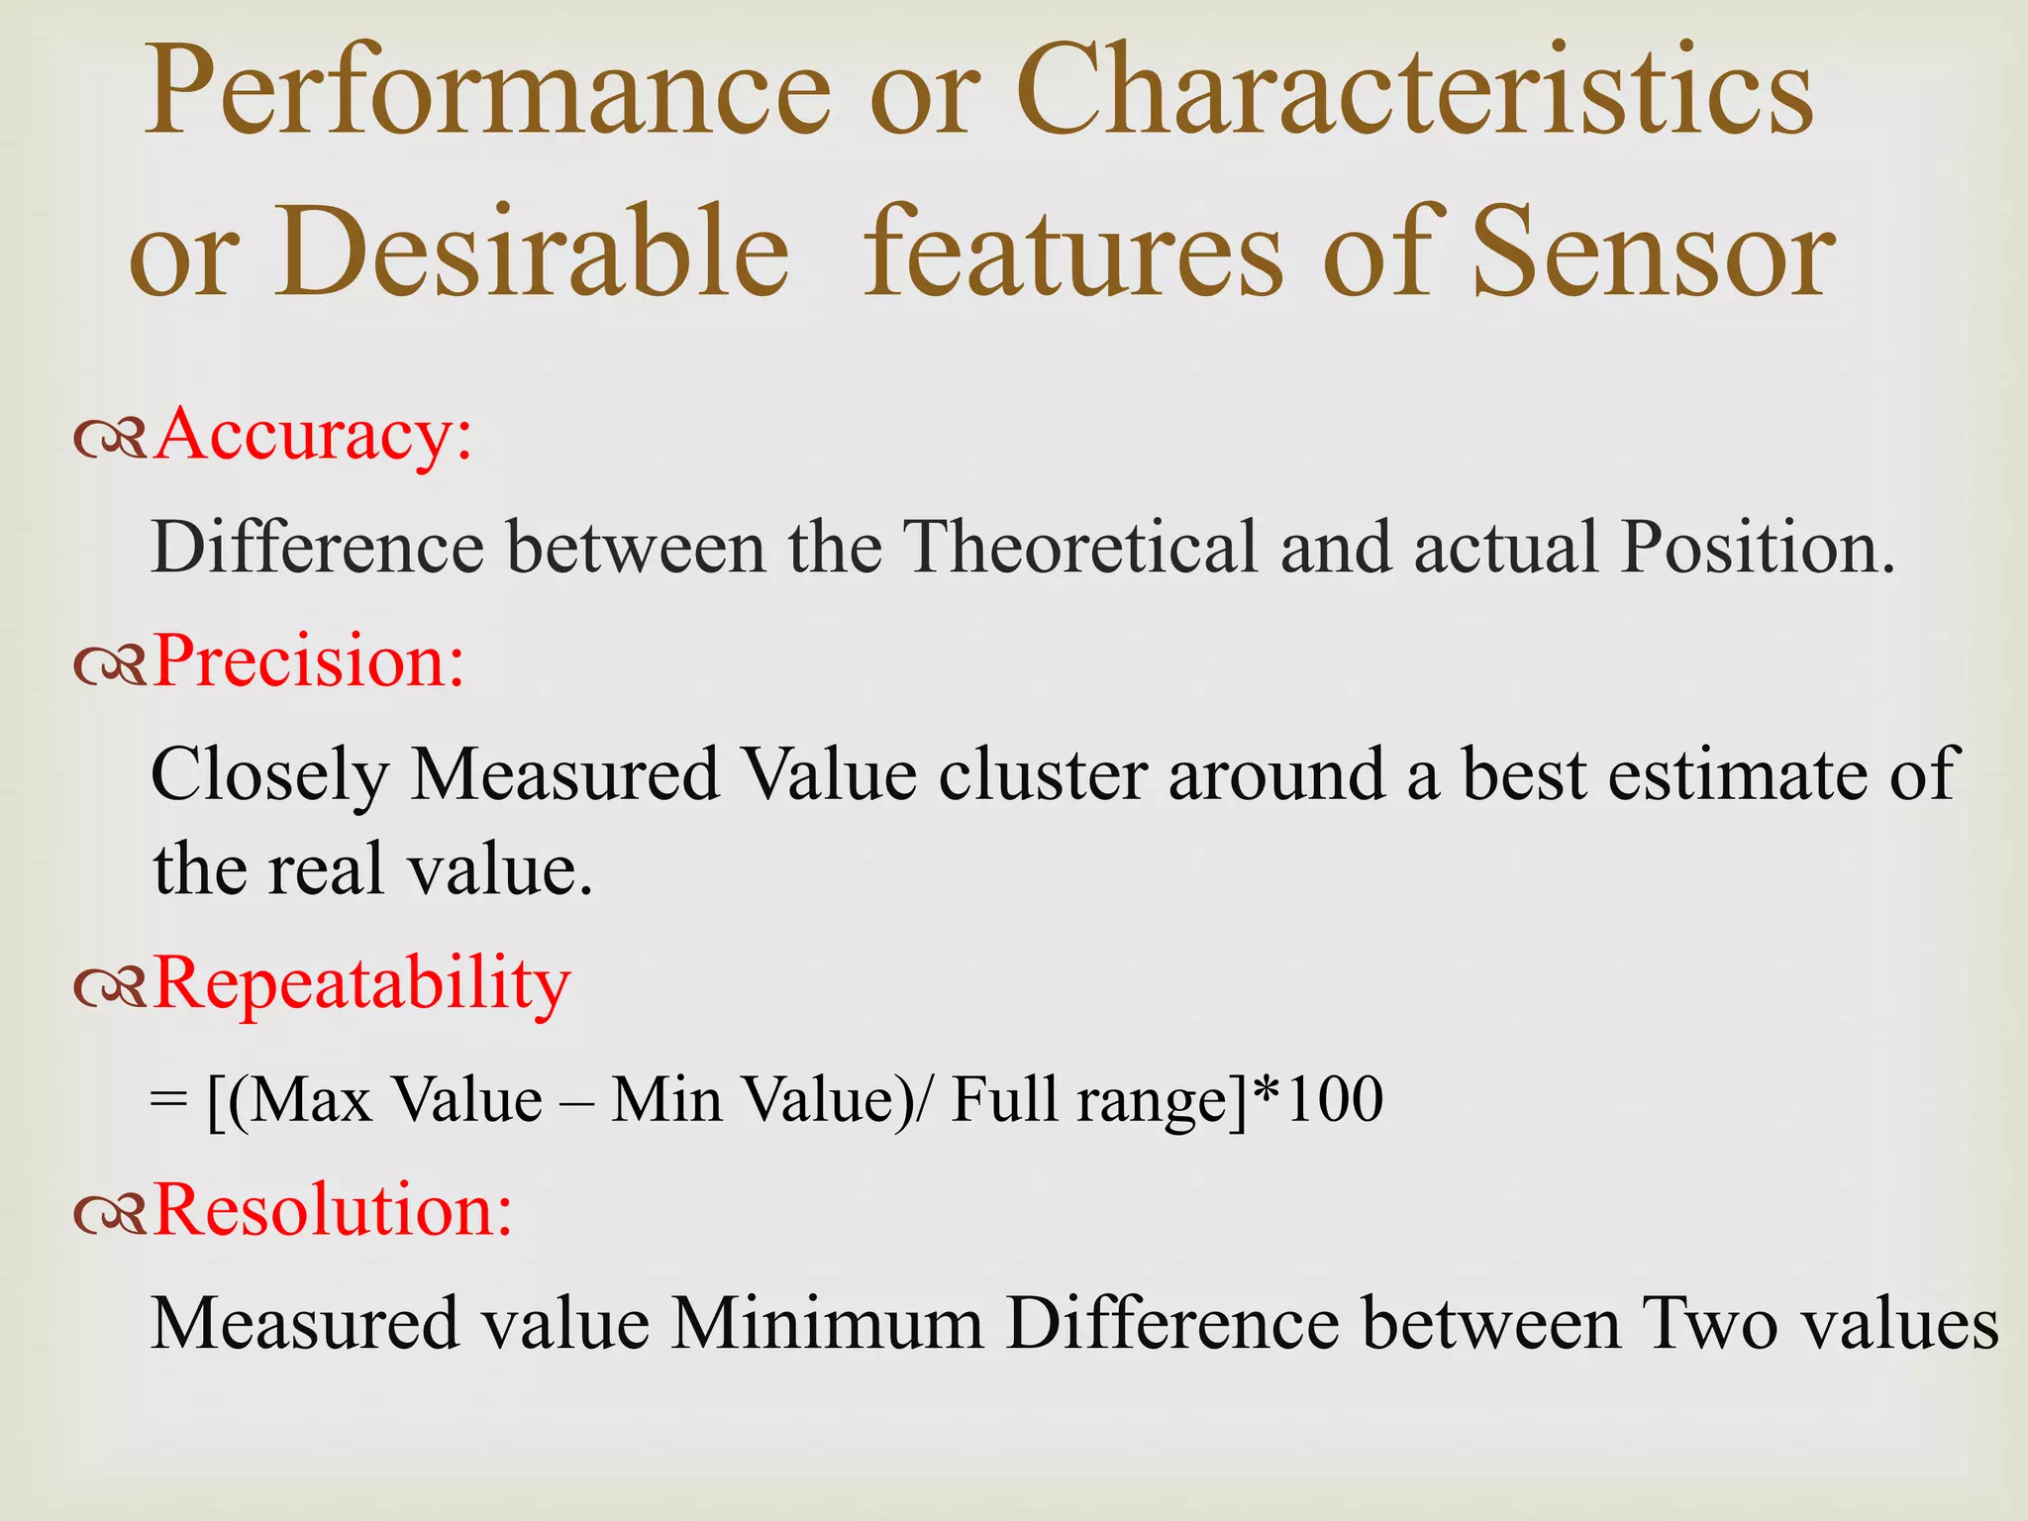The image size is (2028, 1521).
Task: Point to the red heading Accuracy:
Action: coord(313,437)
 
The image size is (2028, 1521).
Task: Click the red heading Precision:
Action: coord(309,661)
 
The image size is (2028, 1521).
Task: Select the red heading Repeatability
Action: coord(361,984)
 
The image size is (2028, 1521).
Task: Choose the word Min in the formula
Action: coord(666,1100)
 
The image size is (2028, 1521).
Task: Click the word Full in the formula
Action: coord(1004,1100)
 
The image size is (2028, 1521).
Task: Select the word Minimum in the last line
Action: coord(827,1324)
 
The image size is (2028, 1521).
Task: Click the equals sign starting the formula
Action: coord(169,1100)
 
